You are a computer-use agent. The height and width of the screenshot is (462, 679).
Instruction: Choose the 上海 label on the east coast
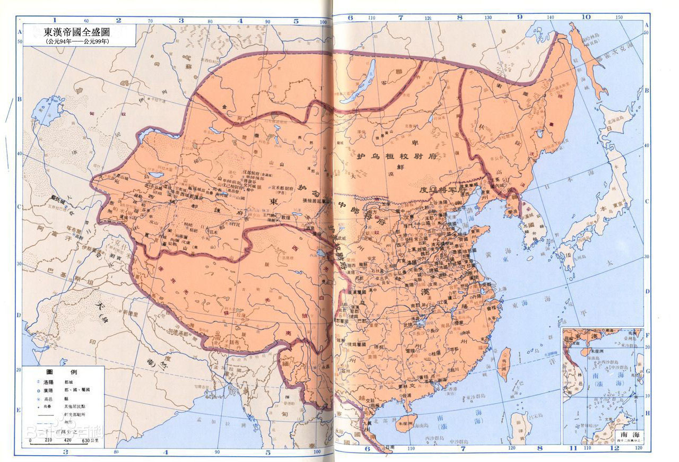click(x=503, y=287)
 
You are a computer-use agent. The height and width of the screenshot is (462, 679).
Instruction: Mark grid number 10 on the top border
click(x=586, y=16)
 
